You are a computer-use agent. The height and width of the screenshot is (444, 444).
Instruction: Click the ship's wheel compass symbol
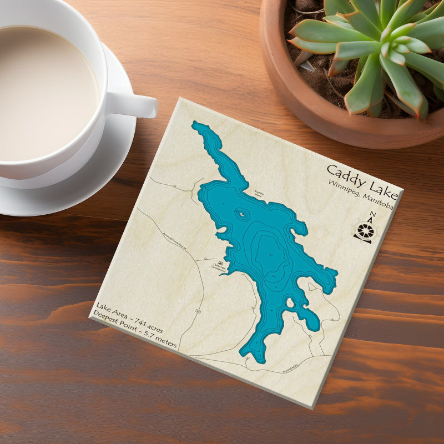click(365, 231)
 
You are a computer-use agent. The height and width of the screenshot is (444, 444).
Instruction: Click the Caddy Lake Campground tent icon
click(221, 263)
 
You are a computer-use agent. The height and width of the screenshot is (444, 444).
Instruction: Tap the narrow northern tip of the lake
click(198, 126)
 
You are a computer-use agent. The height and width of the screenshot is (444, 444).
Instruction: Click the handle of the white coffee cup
click(133, 104)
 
